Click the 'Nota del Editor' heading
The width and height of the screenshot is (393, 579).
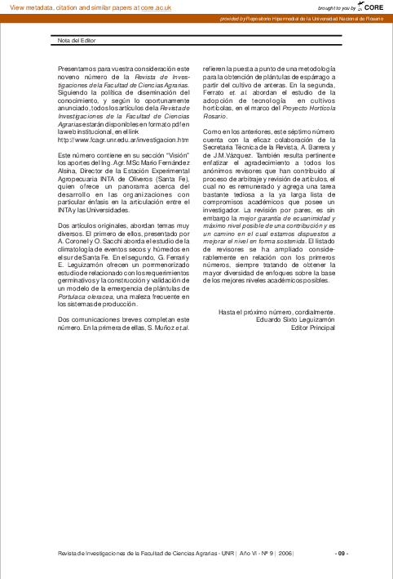pyautogui.click(x=77, y=38)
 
